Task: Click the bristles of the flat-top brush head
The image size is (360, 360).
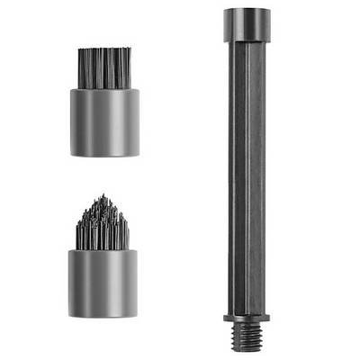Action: click(104, 67)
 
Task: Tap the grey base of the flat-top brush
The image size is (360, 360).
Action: click(104, 121)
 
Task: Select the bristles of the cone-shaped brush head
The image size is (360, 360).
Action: click(103, 225)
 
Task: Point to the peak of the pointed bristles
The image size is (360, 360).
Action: click(103, 197)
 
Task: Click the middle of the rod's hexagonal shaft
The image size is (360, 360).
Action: click(246, 180)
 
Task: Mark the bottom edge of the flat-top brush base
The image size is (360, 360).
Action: click(104, 155)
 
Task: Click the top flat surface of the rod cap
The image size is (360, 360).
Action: click(246, 11)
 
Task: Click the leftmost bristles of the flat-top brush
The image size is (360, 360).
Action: click(82, 67)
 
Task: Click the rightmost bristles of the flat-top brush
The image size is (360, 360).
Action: click(128, 67)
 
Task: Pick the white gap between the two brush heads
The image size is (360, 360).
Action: click(103, 176)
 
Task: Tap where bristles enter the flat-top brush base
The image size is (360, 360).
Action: click(104, 87)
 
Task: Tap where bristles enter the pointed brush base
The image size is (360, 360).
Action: click(103, 249)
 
